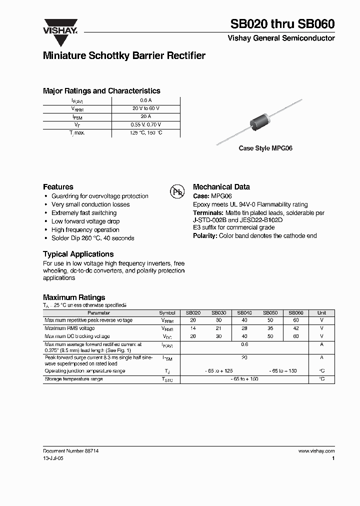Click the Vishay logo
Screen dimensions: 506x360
[x=61, y=25]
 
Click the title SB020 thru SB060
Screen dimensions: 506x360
[x=282, y=23]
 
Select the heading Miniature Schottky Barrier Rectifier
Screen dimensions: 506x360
[x=124, y=56]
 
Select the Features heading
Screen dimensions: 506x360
[x=58, y=186]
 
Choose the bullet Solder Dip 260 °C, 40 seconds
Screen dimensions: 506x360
[x=92, y=238]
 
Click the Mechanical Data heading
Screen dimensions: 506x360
[x=221, y=186]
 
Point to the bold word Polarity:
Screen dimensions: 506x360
[x=205, y=235]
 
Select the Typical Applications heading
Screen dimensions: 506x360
[x=78, y=254]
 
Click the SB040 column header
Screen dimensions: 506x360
[x=244, y=312]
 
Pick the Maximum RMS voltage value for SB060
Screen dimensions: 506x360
[x=296, y=328]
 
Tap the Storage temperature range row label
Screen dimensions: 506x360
[x=73, y=379]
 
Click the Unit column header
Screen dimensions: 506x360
[x=321, y=312]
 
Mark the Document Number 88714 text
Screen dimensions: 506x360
[x=67, y=450]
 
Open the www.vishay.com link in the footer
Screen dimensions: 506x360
[x=316, y=450]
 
